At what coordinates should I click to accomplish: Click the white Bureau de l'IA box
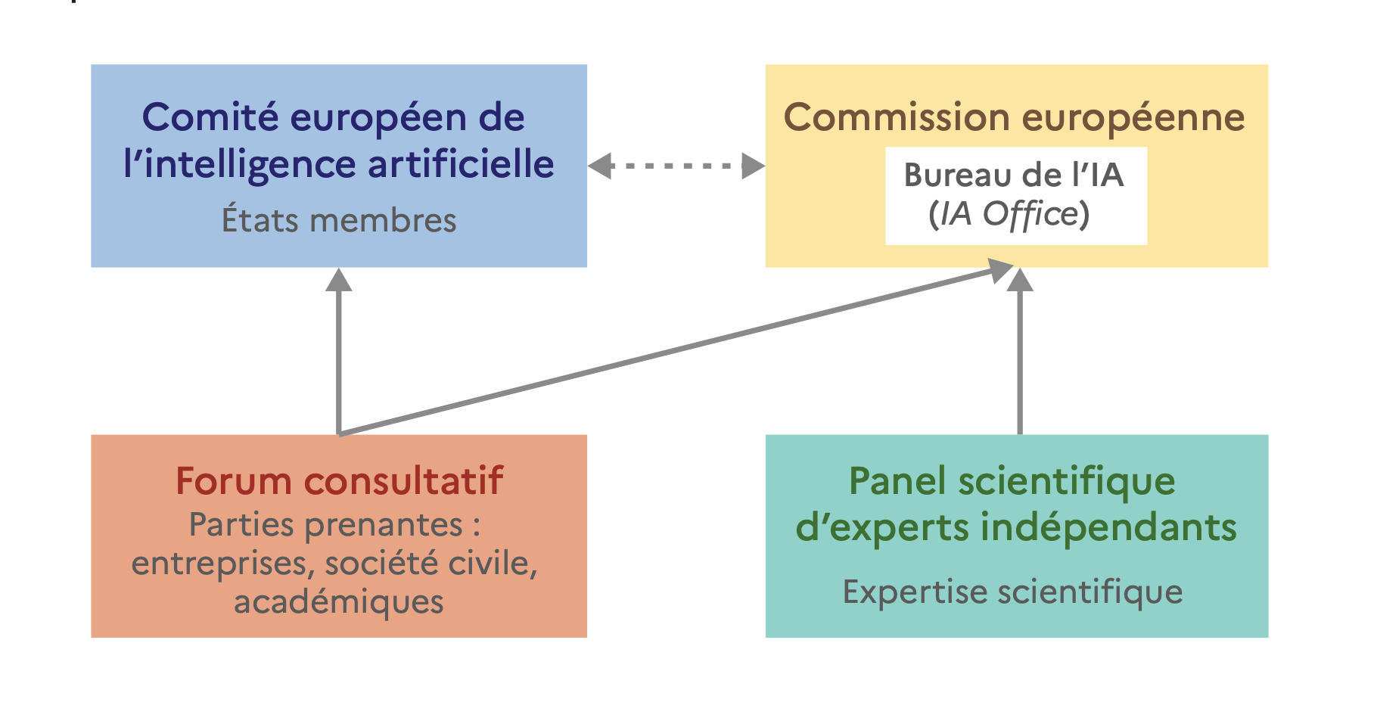point(1015,195)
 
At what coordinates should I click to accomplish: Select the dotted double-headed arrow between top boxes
point(676,166)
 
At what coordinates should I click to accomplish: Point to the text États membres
point(339,220)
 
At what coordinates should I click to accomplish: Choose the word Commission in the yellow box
point(897,118)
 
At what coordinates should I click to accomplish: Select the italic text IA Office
point(1008,214)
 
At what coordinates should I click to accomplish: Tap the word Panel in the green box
point(898,481)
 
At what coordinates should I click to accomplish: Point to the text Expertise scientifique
point(1012,592)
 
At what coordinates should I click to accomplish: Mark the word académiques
point(339,602)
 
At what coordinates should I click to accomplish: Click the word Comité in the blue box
point(211,118)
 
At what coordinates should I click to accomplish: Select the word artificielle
point(462,164)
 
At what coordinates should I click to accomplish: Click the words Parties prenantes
point(326,525)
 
